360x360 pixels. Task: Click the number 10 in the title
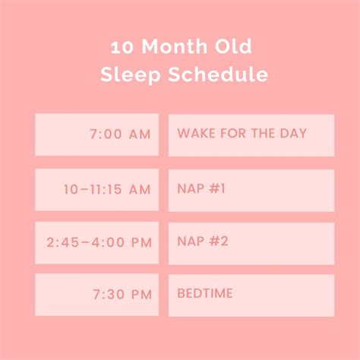tap(119, 48)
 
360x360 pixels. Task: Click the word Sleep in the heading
tap(126, 75)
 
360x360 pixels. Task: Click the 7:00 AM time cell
tap(96, 134)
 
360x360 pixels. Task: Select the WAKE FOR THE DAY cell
tap(251, 134)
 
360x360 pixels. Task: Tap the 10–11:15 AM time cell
tap(96, 190)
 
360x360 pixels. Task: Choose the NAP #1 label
tap(251, 190)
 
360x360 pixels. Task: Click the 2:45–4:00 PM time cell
tap(96, 243)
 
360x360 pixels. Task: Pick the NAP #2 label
tap(251, 243)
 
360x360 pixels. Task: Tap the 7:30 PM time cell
tap(96, 295)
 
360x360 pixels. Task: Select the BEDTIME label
tap(251, 295)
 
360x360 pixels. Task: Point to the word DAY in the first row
tap(292, 134)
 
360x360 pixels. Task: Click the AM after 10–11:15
tap(140, 190)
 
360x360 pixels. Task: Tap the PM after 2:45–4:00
tap(141, 243)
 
